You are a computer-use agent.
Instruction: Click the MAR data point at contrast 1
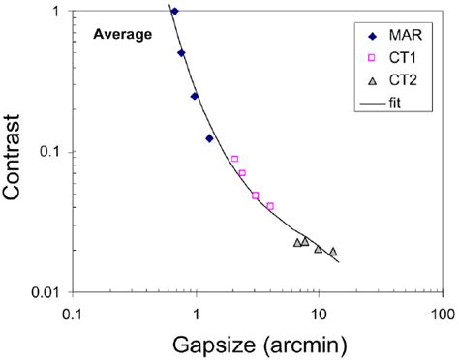coord(174,12)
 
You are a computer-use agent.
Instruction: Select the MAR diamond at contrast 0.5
coord(181,53)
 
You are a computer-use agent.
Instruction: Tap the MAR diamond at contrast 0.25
coord(195,96)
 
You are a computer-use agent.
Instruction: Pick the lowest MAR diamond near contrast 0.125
coord(209,138)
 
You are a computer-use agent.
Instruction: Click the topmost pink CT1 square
coord(234,159)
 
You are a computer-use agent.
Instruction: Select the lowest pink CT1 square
coord(270,206)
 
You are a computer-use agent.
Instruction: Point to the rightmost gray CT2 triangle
coord(333,252)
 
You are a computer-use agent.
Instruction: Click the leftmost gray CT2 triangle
coord(297,243)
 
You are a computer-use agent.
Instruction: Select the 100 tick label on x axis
coord(442,315)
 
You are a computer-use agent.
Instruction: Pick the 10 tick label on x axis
coord(319,315)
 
